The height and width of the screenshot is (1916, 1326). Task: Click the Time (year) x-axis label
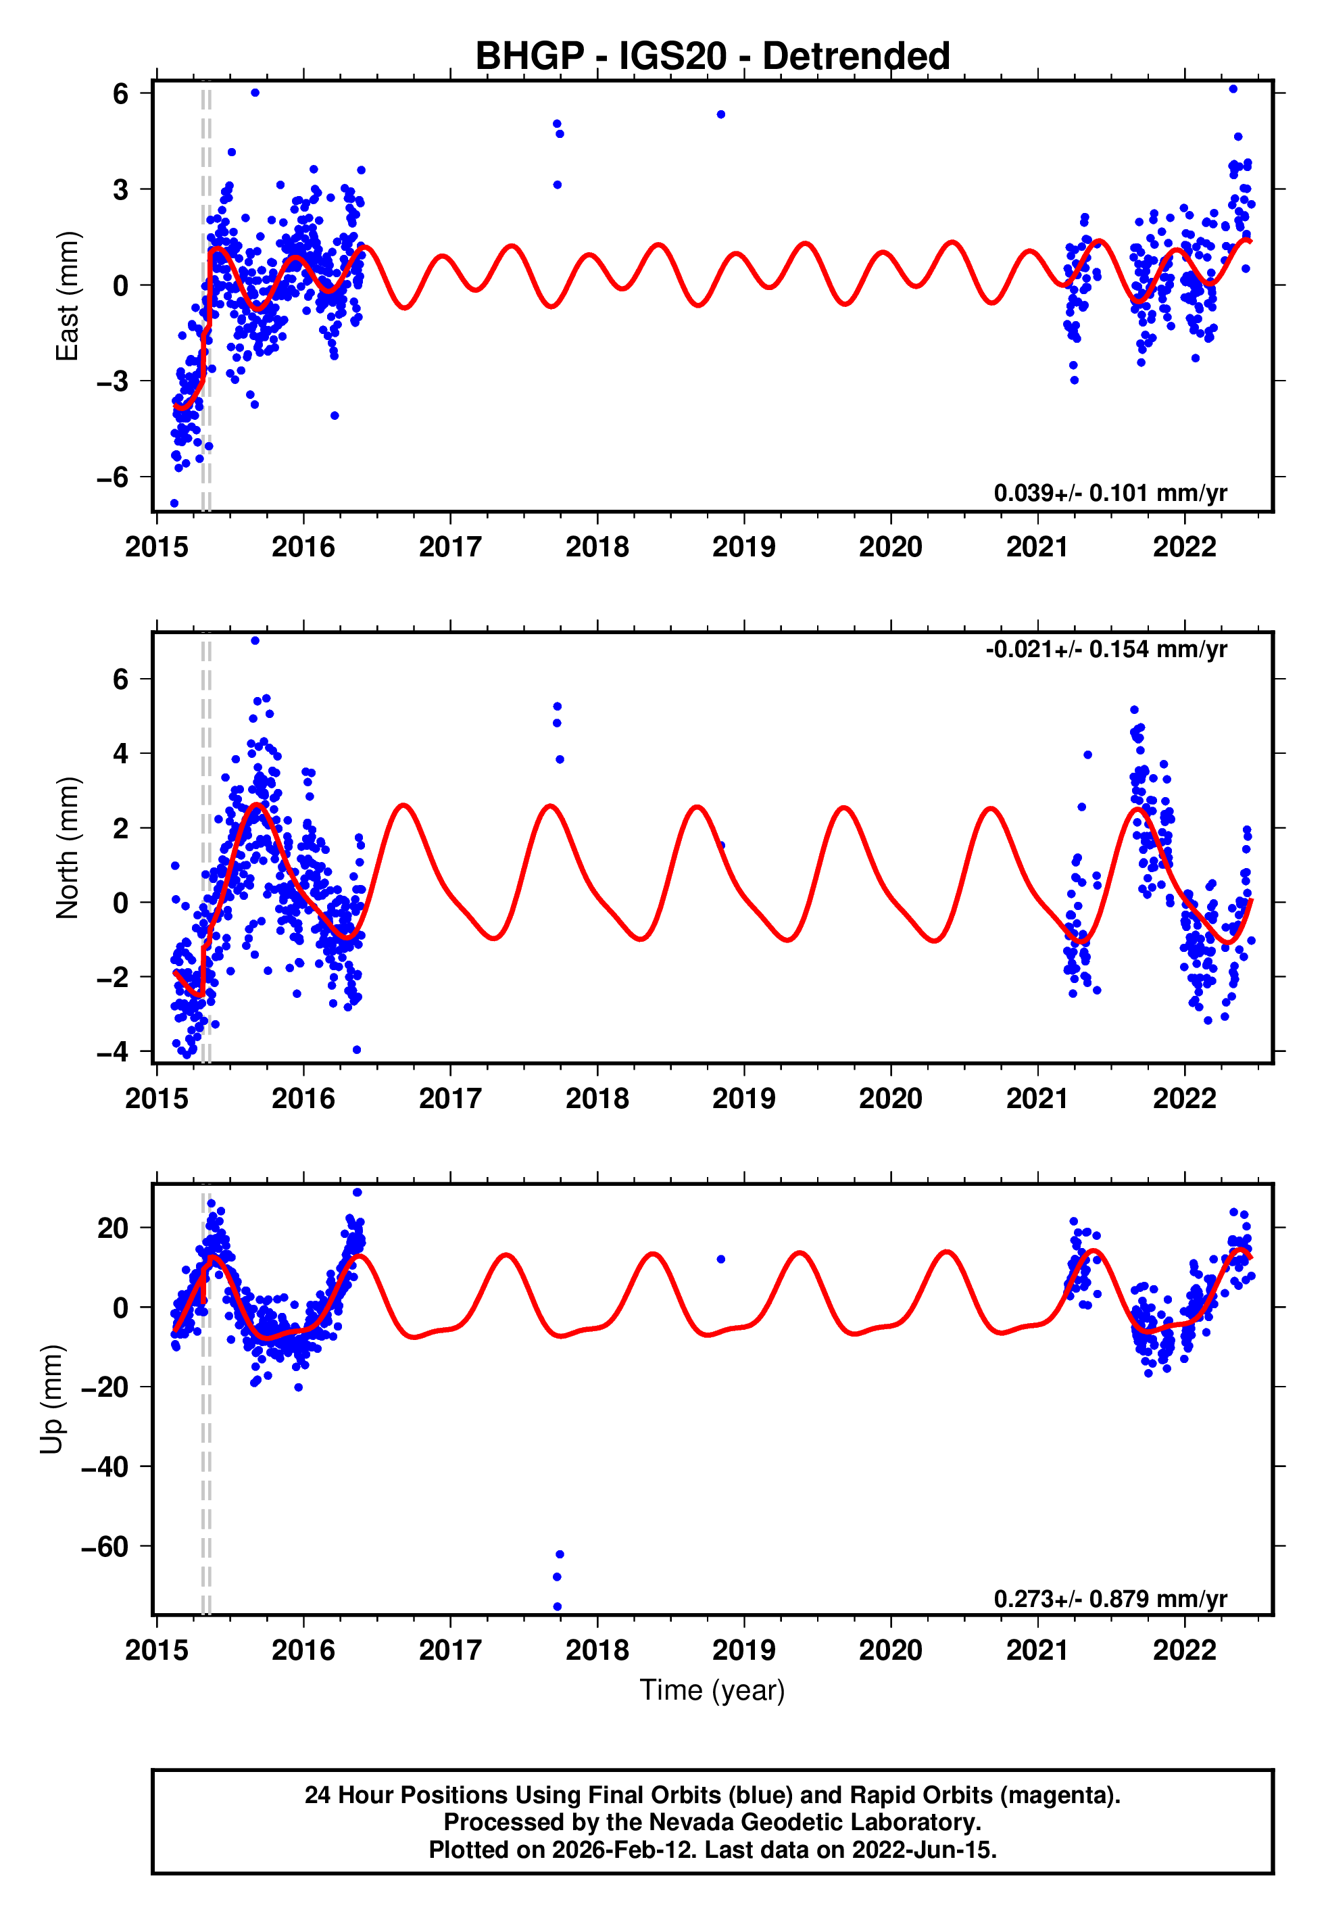712,1690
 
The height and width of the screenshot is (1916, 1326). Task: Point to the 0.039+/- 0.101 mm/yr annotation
1110,493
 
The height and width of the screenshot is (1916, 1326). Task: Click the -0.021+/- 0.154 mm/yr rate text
1106,649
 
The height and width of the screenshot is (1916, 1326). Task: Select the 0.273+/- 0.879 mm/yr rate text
1110,1599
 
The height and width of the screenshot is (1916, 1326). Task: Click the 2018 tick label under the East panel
597,547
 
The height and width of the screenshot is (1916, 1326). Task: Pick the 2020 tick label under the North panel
890,1099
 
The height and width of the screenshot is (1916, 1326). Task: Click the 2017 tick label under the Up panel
449,1650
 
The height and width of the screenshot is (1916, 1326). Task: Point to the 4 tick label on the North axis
121,754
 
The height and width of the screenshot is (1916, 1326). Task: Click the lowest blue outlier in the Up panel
558,1607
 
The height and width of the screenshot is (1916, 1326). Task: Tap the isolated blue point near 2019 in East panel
721,115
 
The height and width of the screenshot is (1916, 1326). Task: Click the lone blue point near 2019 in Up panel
721,1260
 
